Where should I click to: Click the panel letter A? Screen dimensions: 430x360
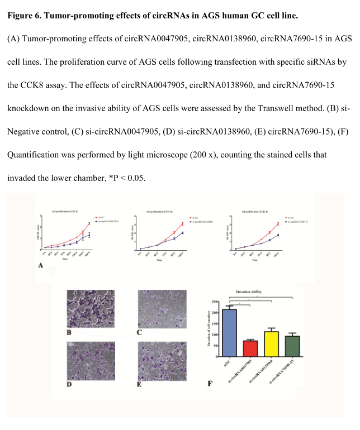click(x=41, y=266)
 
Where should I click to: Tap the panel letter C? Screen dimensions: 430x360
click(x=140, y=333)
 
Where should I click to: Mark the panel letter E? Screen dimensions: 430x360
click(x=140, y=384)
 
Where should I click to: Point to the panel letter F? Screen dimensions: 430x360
click(x=209, y=384)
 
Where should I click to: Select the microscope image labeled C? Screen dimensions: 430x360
click(x=162, y=309)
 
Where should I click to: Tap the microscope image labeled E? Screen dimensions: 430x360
click(x=162, y=360)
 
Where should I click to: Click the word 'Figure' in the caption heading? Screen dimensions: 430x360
click(x=21, y=15)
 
